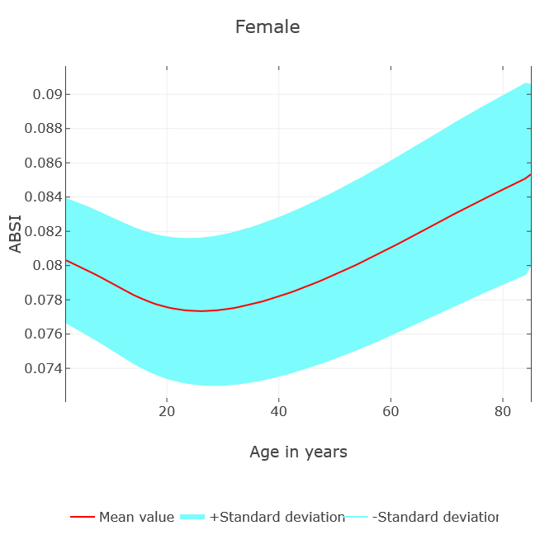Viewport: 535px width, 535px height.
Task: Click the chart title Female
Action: coord(267,27)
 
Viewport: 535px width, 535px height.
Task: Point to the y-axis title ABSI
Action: coord(16,234)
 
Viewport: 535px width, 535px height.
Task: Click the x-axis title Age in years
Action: coord(298,452)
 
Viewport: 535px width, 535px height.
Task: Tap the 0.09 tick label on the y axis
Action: coord(48,94)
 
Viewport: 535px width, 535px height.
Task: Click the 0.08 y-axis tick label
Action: coord(48,265)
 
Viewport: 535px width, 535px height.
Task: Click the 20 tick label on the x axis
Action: coord(167,411)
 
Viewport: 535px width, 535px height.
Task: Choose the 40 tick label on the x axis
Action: coord(279,411)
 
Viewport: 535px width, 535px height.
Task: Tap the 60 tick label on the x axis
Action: coord(391,411)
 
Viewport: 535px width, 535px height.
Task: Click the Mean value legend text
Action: coord(136,518)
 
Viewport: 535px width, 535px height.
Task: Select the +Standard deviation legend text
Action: coord(277,518)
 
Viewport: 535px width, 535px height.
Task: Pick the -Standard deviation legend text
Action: coord(435,518)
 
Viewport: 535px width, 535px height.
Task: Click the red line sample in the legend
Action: coord(83,518)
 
